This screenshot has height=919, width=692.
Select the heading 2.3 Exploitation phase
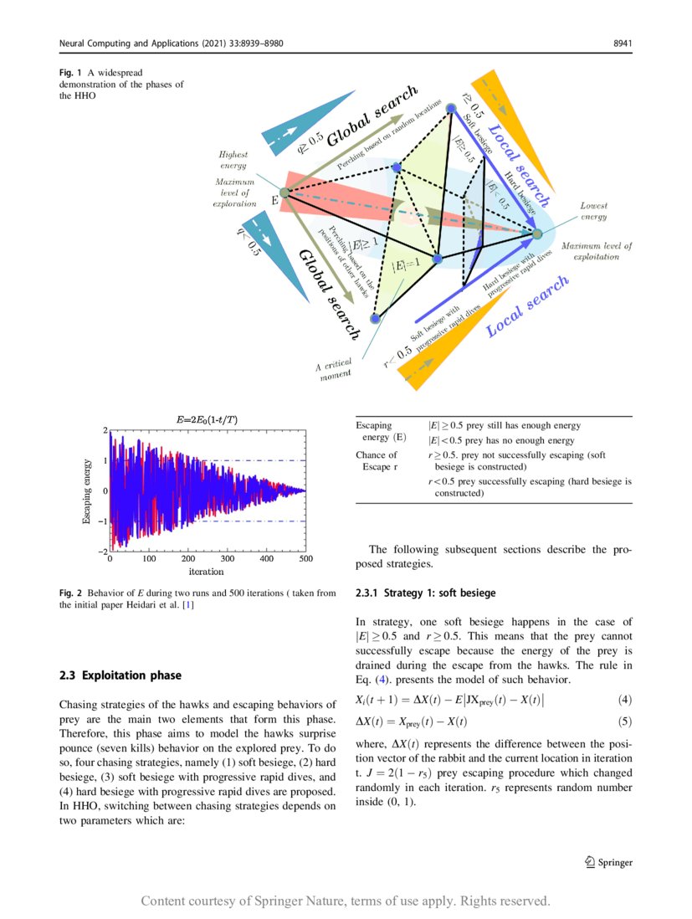[x=120, y=675]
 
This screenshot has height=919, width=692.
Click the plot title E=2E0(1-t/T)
[x=206, y=418]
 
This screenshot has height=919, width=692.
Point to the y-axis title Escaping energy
[x=86, y=490]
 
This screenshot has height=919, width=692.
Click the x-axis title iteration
[x=206, y=572]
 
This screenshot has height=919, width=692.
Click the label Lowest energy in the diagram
[x=593, y=211]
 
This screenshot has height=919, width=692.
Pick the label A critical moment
[x=334, y=372]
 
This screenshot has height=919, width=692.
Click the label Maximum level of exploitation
[x=597, y=251]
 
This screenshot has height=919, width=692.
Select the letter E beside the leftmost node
[x=274, y=202]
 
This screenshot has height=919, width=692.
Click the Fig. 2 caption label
[x=71, y=593]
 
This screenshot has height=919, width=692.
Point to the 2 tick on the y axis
[x=105, y=430]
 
